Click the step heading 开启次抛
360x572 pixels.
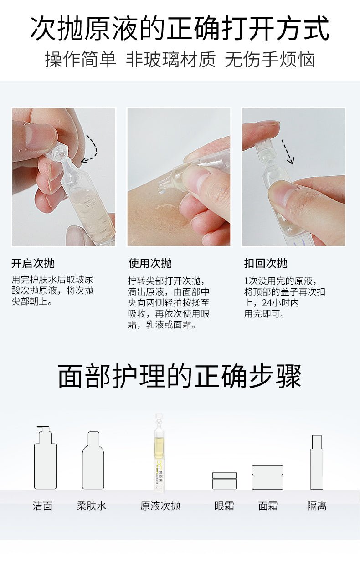[x=33, y=263]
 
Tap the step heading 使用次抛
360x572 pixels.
[x=150, y=263]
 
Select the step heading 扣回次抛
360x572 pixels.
[x=266, y=263]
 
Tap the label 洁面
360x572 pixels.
[x=43, y=506]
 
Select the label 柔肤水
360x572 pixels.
[x=91, y=506]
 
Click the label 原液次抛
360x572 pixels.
[x=160, y=506]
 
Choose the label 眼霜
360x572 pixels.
[x=224, y=506]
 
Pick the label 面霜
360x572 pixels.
[x=268, y=506]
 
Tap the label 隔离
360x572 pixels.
[x=317, y=506]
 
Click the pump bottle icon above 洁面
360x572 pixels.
[x=45, y=458]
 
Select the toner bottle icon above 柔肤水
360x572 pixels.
[x=93, y=460]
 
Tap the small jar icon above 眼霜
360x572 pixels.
[x=224, y=480]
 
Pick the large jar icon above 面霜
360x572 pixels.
[x=267, y=477]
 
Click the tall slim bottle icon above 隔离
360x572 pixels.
[x=317, y=462]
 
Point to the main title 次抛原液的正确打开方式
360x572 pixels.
[x=180, y=28]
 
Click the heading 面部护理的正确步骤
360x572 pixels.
[x=180, y=376]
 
